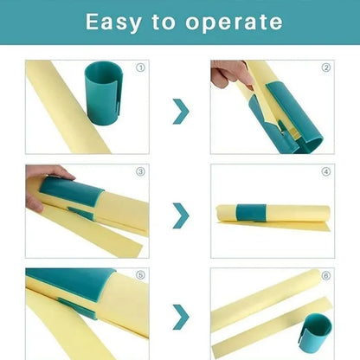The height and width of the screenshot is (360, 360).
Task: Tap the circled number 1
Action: tap(141, 67)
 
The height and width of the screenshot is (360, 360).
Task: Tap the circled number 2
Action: tap(325, 67)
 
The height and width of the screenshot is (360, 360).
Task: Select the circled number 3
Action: tap(141, 171)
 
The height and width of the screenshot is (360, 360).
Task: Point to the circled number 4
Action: tap(325, 171)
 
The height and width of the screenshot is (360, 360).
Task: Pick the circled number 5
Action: tap(141, 276)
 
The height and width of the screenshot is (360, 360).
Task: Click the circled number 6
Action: tap(325, 276)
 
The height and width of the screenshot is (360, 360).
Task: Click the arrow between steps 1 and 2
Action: tap(180, 111)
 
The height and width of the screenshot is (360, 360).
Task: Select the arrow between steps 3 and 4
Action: tap(180, 215)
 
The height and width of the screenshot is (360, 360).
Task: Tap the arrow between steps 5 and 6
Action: tap(180, 316)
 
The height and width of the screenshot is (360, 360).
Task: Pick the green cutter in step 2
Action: tap(290, 117)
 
